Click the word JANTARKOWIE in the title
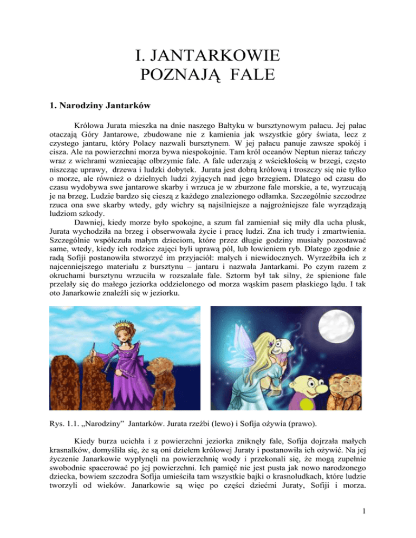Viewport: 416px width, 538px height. click(207, 56)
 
